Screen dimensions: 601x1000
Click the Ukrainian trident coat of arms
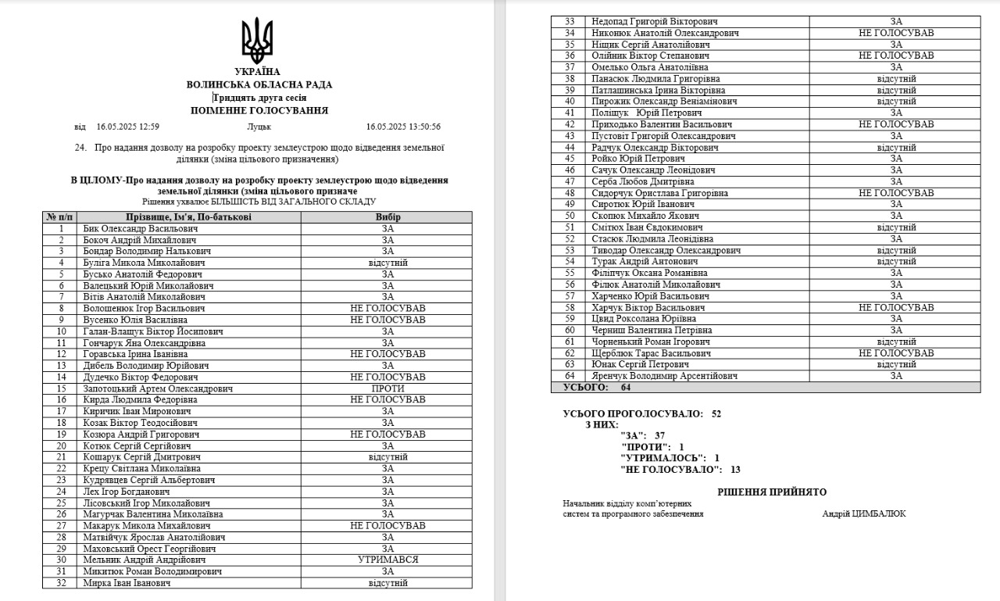click(x=257, y=40)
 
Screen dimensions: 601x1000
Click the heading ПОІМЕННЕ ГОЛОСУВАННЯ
click(x=259, y=111)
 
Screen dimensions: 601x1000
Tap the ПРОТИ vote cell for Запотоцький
click(x=387, y=388)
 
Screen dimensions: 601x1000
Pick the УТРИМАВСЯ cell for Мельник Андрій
click(x=387, y=560)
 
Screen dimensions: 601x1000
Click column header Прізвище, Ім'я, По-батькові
click(x=188, y=216)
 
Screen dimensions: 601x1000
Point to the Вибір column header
click(x=387, y=216)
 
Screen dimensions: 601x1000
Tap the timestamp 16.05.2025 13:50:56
click(x=403, y=127)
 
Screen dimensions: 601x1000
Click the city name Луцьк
click(x=259, y=127)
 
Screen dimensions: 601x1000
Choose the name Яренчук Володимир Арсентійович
click(x=664, y=376)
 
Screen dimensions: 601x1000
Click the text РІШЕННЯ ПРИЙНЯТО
click(x=772, y=492)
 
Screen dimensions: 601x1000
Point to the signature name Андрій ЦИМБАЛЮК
click(x=864, y=513)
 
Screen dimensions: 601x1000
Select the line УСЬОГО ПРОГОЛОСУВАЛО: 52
click(x=641, y=413)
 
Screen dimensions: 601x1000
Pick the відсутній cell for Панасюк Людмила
click(x=896, y=79)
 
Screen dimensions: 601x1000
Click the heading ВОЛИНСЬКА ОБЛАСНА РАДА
click(x=259, y=84)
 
